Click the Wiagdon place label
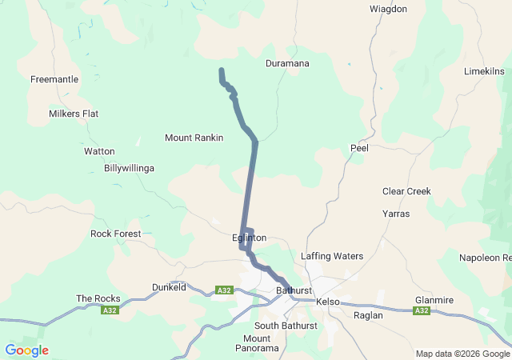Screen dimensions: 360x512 tap(388, 9)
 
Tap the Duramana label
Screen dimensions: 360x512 tap(287, 63)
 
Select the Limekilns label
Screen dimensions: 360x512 tap(484, 72)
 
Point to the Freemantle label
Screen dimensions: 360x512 tap(54, 79)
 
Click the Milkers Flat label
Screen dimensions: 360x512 tap(74, 114)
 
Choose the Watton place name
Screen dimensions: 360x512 tap(99, 151)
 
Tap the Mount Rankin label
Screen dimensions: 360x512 tap(194, 138)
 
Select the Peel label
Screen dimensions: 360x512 tap(358, 148)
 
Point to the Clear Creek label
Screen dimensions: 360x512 tap(406, 191)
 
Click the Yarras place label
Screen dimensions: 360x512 tap(396, 214)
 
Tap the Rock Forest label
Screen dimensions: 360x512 tap(115, 234)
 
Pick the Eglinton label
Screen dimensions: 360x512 tap(248, 238)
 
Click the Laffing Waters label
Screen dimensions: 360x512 tap(332, 256)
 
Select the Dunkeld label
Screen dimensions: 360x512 tap(169, 286)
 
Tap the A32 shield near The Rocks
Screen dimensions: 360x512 tap(110, 310)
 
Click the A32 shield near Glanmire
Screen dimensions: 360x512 tap(422, 310)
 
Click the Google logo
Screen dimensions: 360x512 tap(26, 350)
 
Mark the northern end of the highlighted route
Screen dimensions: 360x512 tap(221, 71)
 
